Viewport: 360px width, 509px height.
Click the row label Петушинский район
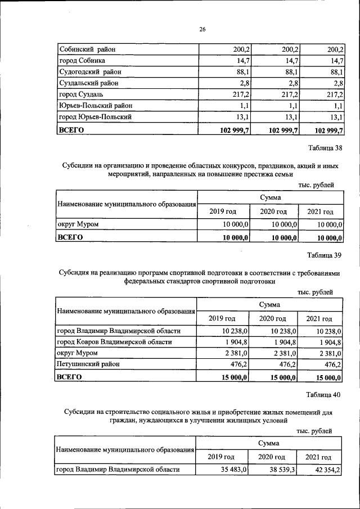[85, 364]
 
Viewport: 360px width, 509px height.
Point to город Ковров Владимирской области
[115, 342]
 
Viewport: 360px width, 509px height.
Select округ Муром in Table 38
[78, 224]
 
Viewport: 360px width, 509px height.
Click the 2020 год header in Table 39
[273, 319]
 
